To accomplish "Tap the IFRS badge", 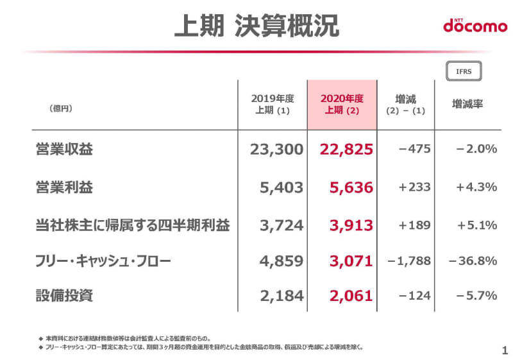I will click(463, 71).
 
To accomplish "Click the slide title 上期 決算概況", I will click(256, 27).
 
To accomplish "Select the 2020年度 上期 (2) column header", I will click(342, 104).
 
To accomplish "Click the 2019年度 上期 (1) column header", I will click(273, 104).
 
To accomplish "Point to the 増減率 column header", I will click(467, 104).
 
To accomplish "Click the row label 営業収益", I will click(64, 150).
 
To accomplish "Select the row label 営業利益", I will click(64, 187).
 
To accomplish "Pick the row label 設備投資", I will click(64, 295).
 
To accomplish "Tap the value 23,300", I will click(276, 150).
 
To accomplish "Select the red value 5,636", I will click(351, 187).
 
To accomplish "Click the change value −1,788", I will click(410, 261).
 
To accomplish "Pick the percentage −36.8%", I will click(473, 261).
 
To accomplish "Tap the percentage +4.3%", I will click(476, 187).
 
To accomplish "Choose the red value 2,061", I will click(351, 295).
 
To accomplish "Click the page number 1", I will click(505, 350).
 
